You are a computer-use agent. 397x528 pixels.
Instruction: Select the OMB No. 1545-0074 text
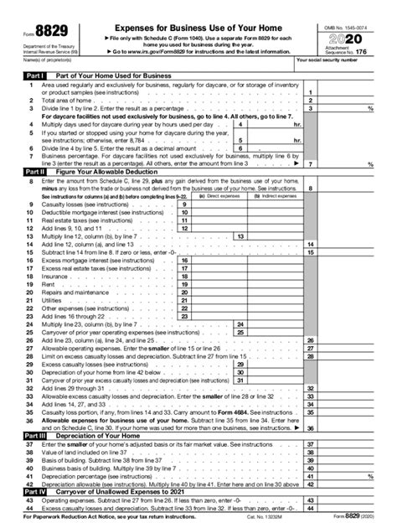pyautogui.click(x=346, y=26)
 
